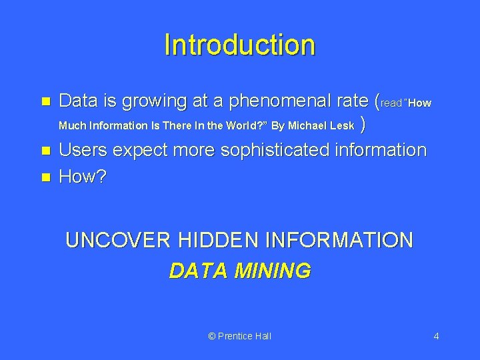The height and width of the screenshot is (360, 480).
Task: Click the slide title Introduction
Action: (239, 45)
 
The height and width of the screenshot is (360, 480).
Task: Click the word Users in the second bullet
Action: (83, 150)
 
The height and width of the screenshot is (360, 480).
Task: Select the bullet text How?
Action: (83, 177)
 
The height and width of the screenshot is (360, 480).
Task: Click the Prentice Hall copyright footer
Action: (240, 336)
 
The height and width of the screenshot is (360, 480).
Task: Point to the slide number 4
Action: (436, 336)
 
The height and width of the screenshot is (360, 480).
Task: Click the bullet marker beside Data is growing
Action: (45, 102)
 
